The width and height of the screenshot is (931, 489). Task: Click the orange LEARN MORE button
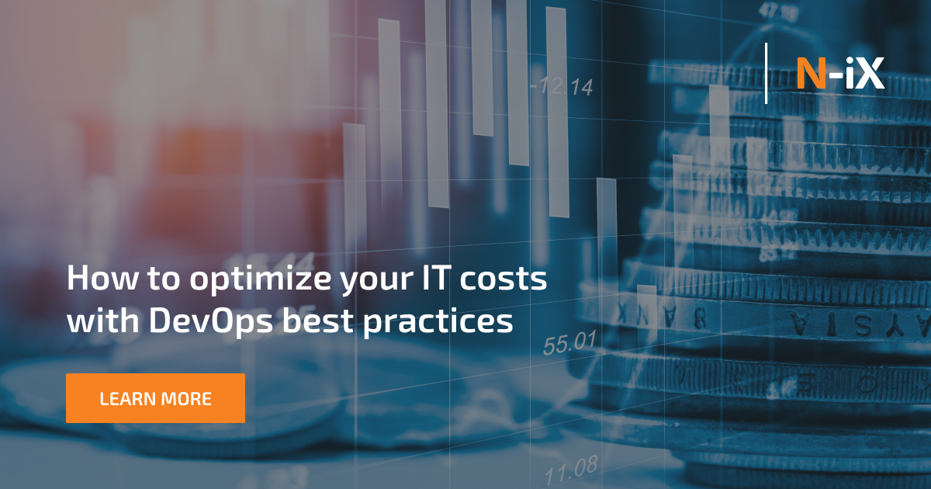[155, 398]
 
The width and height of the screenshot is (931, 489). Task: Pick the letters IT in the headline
[427, 279]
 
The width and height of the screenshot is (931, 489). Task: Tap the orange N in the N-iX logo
[810, 75]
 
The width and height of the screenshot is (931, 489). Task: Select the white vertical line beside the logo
[767, 74]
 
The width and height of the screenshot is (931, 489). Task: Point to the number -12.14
[562, 87]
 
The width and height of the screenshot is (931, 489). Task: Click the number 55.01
[569, 342]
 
